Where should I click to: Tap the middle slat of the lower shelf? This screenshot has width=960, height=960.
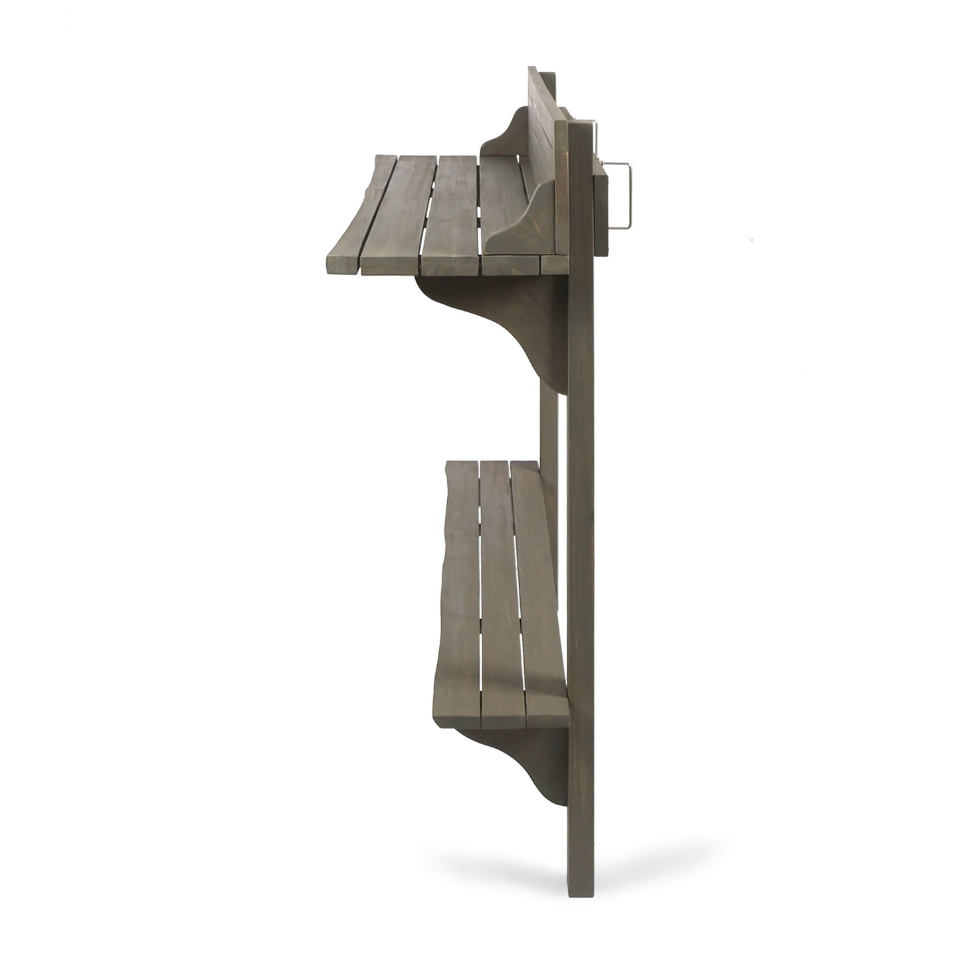[495, 598]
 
